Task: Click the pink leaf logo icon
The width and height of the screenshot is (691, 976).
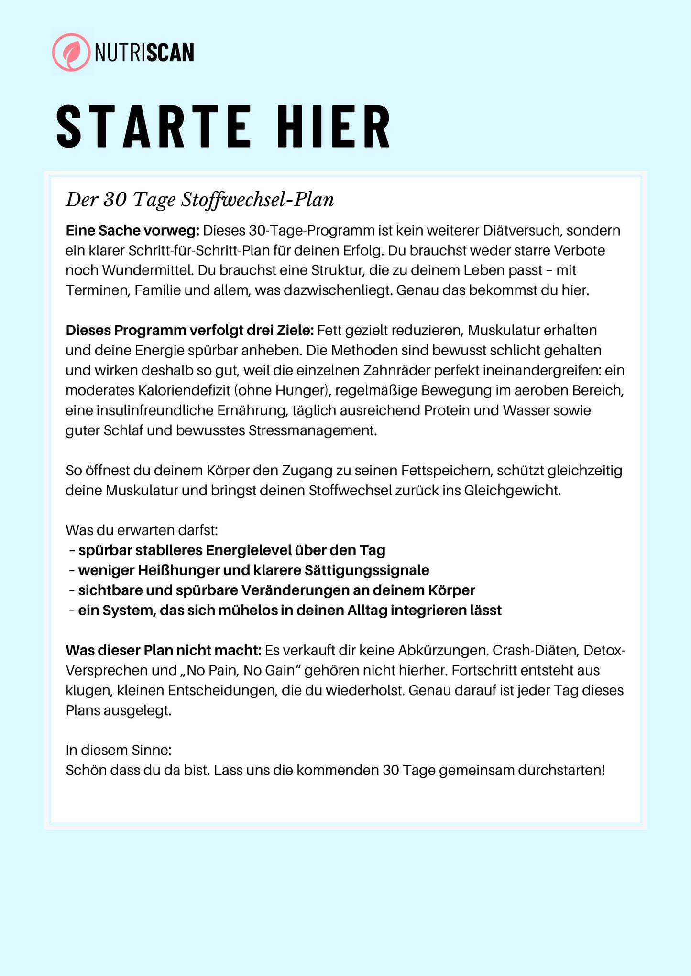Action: [71, 53]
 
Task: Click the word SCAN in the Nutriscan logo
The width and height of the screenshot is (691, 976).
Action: [170, 53]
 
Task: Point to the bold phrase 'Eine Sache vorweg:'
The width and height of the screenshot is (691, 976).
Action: [132, 231]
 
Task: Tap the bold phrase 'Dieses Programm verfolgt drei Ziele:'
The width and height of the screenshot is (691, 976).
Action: [189, 331]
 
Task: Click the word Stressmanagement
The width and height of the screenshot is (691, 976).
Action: [312, 431]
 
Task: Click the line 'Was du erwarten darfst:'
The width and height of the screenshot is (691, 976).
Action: [142, 530]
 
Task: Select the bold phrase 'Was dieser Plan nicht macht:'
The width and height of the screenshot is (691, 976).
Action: [164, 651]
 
